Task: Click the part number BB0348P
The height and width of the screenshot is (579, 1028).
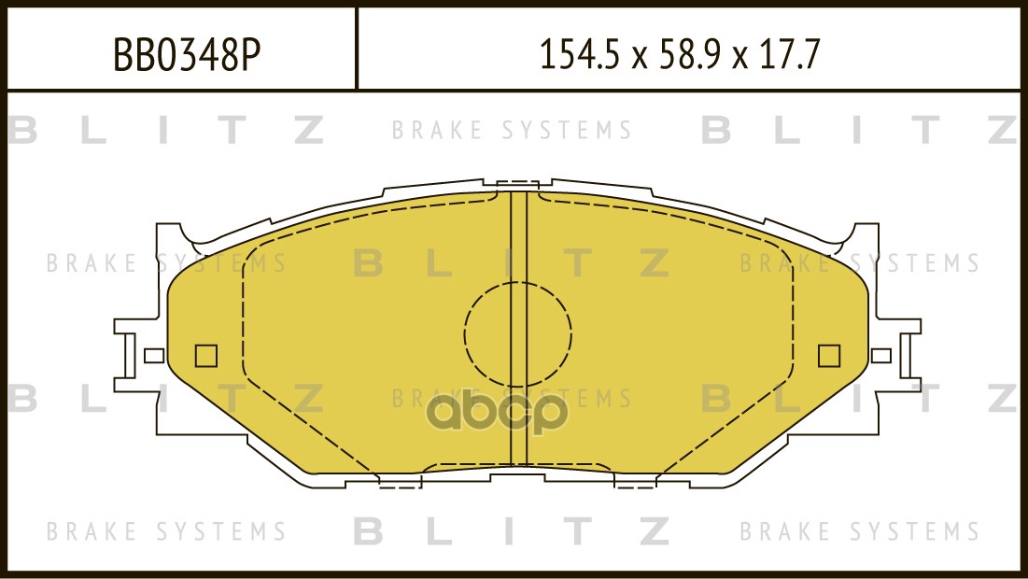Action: point(188,54)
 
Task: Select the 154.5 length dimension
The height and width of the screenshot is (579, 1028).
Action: point(579,54)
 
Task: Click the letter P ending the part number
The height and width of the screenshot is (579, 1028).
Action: point(251,54)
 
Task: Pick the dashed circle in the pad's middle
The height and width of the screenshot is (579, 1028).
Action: point(518,333)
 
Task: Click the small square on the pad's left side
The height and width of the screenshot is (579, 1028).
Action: point(205,356)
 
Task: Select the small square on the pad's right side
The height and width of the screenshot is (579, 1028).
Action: point(829,356)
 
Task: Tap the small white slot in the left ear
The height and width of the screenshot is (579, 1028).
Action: point(154,356)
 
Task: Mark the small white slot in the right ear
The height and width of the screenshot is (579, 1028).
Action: point(881,356)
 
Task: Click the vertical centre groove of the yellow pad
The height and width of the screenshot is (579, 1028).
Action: point(518,328)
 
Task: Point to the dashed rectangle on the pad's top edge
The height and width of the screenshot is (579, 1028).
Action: point(518,186)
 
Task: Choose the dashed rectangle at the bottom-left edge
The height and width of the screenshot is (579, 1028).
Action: point(400,481)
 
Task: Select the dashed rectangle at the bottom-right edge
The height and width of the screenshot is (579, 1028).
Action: point(635,481)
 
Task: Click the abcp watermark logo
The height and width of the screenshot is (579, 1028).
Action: point(498,412)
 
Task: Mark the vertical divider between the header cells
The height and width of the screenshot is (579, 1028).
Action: point(356,48)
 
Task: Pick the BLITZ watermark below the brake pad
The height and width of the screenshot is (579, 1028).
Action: point(512,530)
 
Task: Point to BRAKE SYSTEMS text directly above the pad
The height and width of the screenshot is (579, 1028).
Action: point(512,130)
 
